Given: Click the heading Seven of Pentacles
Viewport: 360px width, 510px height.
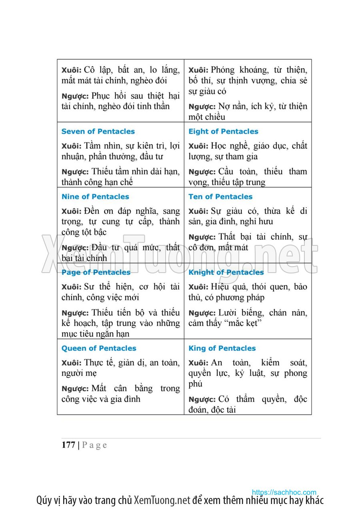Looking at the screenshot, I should (98, 131).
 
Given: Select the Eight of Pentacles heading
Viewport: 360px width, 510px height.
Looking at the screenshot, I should (223, 131).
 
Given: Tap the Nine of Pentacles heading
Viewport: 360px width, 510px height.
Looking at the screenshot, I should (95, 197).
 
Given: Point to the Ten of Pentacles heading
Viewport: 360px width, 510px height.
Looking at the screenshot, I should (220, 197).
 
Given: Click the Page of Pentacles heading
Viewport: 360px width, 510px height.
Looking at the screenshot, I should (96, 272).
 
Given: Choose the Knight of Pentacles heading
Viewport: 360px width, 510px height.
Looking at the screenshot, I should (226, 272).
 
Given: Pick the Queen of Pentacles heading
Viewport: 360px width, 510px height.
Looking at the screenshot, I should (99, 348).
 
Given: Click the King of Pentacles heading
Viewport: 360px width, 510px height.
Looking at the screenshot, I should (222, 348).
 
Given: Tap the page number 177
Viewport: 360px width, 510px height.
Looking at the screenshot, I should (68, 445).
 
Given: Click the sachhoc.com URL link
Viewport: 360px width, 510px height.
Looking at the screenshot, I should (284, 492).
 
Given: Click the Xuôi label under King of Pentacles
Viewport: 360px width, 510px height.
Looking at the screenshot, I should (198, 363).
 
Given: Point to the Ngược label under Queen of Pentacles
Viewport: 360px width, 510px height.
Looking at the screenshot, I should (75, 389).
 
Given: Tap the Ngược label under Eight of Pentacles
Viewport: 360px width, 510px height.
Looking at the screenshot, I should (202, 172).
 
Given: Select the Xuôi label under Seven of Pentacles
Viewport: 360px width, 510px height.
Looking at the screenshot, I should (71, 146).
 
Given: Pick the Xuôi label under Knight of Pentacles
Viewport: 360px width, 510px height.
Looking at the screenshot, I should (198, 287).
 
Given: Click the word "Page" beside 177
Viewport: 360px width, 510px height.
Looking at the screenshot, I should (95, 445).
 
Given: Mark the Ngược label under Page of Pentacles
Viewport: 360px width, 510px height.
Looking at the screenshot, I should (75, 313).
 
